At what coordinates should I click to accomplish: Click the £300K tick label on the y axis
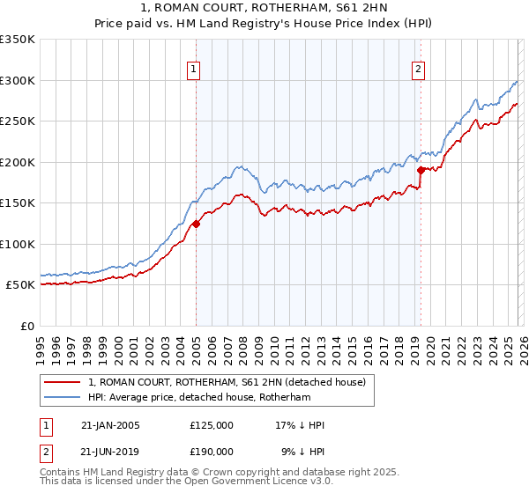click(x=18, y=80)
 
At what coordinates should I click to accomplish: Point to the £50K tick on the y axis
click(x=21, y=285)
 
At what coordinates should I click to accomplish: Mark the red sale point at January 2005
click(x=196, y=224)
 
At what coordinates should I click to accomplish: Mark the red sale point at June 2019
click(x=421, y=170)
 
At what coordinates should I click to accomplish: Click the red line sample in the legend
click(x=63, y=381)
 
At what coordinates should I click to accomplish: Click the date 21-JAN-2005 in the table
click(x=110, y=425)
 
